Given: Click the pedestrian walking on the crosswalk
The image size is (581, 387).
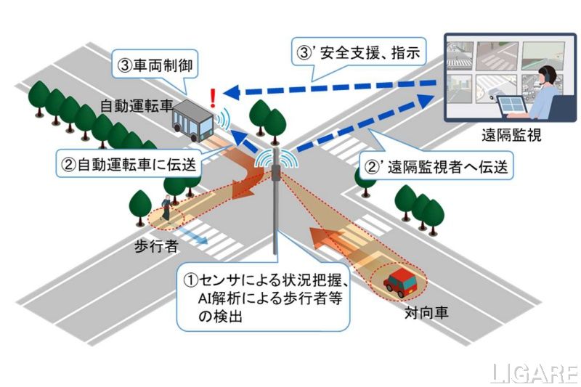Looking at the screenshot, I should pos(167,208).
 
